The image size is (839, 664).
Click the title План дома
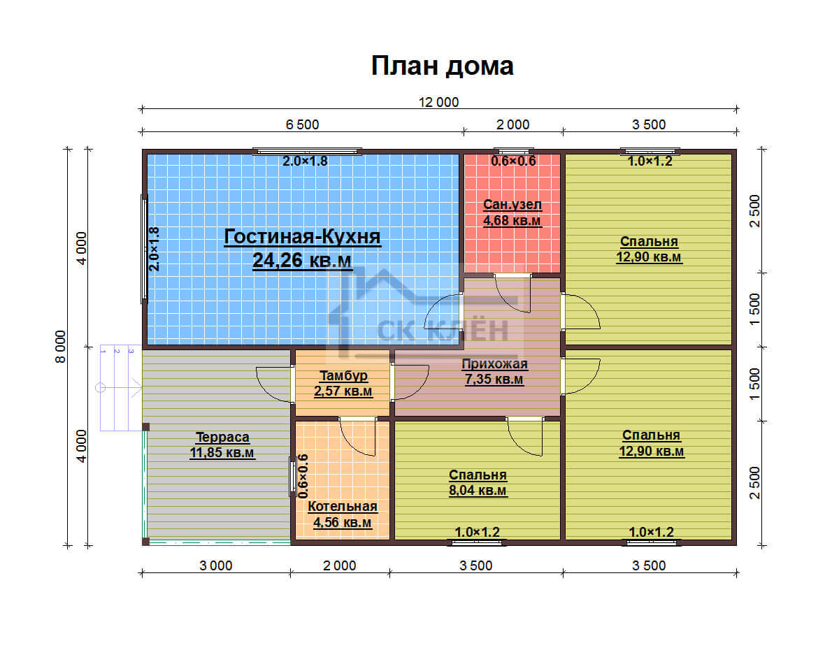442,66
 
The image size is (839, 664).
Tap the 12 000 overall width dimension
438,102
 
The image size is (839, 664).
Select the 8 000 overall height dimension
60,347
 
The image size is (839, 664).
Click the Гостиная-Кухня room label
302,237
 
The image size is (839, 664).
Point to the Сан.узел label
512,204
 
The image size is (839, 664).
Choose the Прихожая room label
494,363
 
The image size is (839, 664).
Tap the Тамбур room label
343,375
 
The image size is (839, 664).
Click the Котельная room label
343,506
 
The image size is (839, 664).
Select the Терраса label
222,437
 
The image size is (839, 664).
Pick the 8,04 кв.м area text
478,490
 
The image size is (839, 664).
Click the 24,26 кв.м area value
302,260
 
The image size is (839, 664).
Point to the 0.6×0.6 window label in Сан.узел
513,161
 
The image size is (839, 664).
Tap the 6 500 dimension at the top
302,125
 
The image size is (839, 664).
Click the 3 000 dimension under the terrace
215,565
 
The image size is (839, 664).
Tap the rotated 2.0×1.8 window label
155,249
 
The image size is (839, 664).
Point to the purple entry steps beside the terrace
121,387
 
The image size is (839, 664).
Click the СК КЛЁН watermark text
443,331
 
